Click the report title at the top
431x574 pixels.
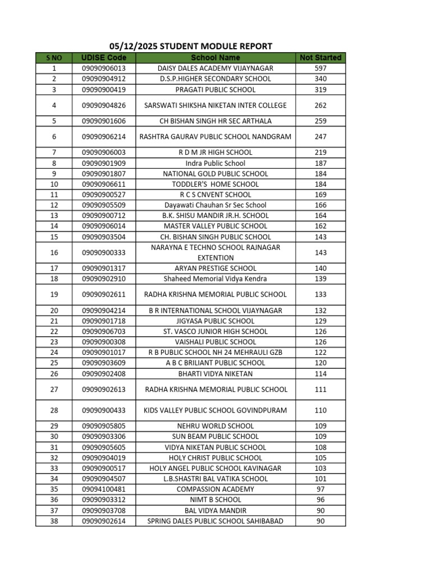tap(191, 47)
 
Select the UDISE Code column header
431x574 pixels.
tap(104, 58)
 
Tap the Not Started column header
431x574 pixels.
tap(320, 58)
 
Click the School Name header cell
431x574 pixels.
tap(215, 58)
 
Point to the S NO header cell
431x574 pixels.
tap(54, 58)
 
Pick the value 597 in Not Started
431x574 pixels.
tap(320, 68)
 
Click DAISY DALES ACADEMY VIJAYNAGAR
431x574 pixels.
tap(215, 68)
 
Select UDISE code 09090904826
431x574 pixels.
tap(104, 105)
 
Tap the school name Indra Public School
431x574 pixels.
tap(215, 163)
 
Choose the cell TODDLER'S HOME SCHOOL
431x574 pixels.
tap(215, 184)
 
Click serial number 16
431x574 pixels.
tap(54, 253)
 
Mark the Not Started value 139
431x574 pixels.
tap(320, 279)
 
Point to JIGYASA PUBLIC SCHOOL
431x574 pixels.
tap(215, 321)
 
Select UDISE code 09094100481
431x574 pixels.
tap(104, 489)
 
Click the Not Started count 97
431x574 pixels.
tap(320, 489)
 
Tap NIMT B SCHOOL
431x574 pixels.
tap(215, 499)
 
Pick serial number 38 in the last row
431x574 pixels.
tap(54, 521)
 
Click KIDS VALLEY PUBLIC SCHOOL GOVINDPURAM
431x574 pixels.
tap(215, 410)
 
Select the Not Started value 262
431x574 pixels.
tap(320, 105)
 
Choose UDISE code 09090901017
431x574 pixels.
tap(104, 353)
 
